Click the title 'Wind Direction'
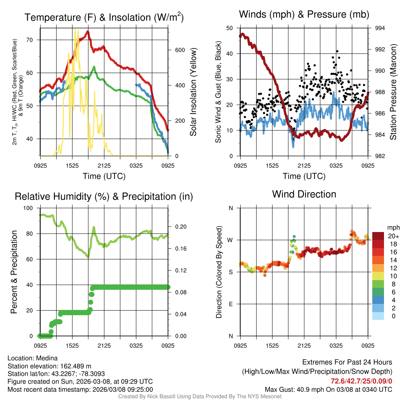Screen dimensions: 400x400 click(x=304, y=194)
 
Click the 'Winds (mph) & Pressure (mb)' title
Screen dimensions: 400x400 click(x=304, y=15)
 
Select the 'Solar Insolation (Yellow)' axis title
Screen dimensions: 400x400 click(x=193, y=92)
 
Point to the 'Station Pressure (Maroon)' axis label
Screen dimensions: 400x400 click(x=393, y=92)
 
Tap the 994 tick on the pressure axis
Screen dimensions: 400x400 click(x=380, y=28)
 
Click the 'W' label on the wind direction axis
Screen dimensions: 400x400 click(x=230, y=240)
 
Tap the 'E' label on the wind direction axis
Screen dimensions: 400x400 click(x=230, y=304)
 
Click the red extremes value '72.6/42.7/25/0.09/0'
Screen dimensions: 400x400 click(x=361, y=381)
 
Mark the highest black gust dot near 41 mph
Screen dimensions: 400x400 click(x=337, y=51)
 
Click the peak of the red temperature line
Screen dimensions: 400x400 click(x=88, y=32)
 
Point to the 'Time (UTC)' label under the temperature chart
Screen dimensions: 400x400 click(x=104, y=176)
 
